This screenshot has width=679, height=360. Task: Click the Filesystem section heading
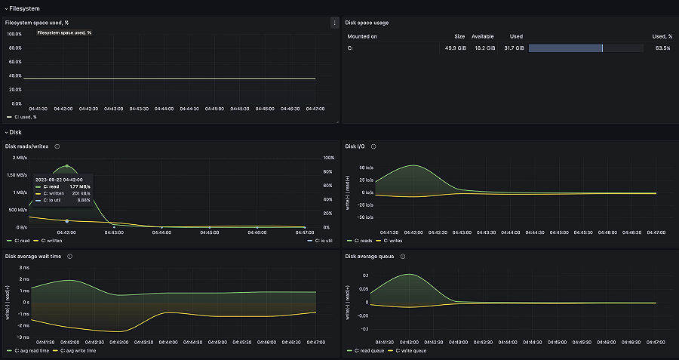[x=24, y=8]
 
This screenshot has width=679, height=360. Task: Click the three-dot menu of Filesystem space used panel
[x=334, y=23]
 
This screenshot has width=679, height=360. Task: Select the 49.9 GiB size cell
[x=455, y=48]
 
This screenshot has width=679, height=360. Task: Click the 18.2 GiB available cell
[x=484, y=48]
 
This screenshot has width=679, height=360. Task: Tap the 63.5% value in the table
[x=663, y=48]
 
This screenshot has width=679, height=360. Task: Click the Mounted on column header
[x=362, y=36]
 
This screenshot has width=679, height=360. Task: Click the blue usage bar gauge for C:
[x=565, y=48]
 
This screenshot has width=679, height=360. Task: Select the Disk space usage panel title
[x=367, y=23]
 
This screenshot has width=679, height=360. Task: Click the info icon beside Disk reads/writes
[x=57, y=146]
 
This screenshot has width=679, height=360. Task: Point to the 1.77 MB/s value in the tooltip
[x=80, y=186]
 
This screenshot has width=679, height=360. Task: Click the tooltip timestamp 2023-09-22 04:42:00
[x=59, y=179]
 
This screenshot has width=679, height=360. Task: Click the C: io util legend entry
[x=324, y=241]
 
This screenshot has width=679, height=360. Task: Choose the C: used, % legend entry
[x=24, y=117]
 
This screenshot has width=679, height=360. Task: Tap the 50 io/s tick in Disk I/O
[x=364, y=168]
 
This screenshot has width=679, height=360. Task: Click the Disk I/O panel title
[x=355, y=146]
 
